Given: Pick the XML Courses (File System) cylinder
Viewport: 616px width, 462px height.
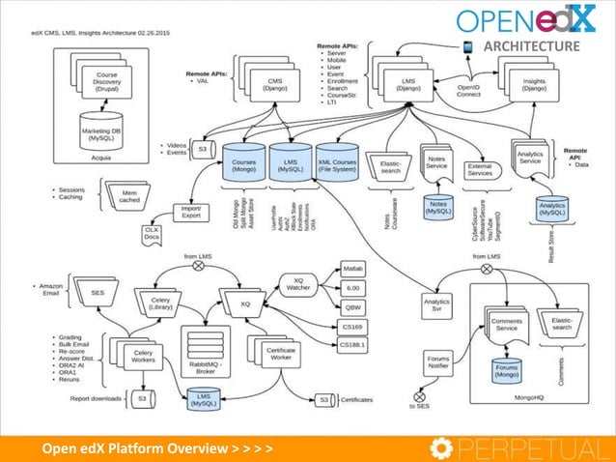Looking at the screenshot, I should click(336, 161).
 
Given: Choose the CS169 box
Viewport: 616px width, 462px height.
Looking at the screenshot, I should click(354, 327).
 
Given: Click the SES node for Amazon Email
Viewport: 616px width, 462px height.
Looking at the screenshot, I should click(97, 292).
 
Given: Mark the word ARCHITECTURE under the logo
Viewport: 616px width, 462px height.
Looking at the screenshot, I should click(531, 46).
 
